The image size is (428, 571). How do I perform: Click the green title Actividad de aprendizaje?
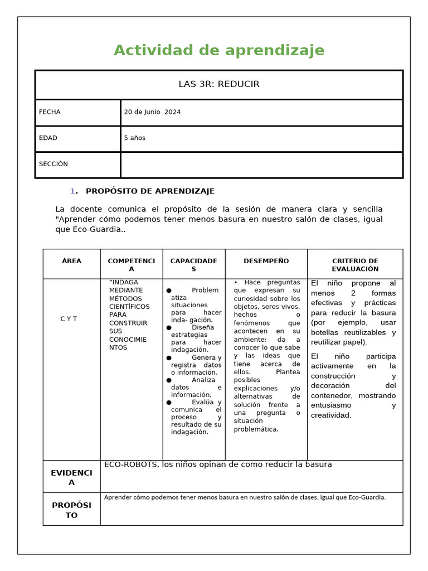point(218,50)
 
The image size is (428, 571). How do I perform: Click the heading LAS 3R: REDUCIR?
point(218,84)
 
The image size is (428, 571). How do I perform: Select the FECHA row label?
point(50,112)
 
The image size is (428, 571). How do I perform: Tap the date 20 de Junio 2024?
point(152,112)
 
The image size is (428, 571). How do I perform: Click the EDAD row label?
point(48,138)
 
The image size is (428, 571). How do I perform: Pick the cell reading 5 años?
point(134,138)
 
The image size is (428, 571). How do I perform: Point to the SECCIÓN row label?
point(53,164)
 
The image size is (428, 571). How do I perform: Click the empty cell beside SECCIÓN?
point(261,164)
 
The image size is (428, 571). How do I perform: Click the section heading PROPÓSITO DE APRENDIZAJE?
point(150,191)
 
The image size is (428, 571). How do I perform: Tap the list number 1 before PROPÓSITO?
point(72,191)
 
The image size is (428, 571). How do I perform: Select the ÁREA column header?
point(71,261)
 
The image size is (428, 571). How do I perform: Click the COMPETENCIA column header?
point(132,265)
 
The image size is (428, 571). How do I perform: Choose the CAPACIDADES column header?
point(193,265)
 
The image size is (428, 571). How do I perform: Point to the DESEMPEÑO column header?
point(266,261)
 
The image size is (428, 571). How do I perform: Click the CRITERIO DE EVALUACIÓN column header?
point(354,265)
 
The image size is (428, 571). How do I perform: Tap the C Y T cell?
point(69,319)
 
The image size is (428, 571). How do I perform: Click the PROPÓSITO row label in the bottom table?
point(71,510)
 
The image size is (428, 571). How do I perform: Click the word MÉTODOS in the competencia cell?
point(125,298)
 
